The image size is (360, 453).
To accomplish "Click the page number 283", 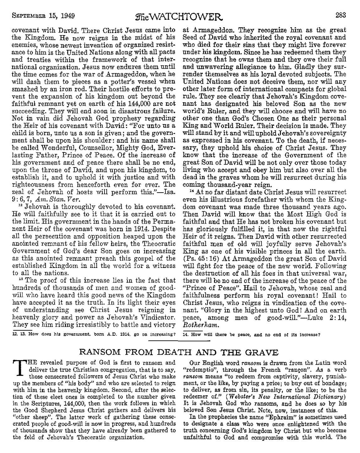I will (341, 5).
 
